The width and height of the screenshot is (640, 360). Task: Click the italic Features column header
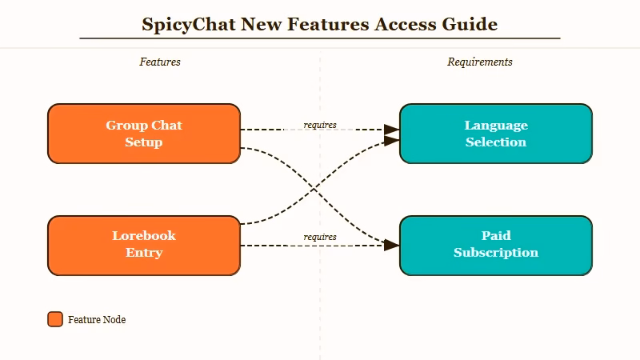160,62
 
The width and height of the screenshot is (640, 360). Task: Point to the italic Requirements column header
479,62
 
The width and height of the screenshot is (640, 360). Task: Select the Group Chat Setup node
144,134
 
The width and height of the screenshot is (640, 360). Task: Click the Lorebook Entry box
144,245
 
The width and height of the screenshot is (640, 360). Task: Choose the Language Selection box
495,134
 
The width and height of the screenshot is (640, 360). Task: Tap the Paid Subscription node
495,245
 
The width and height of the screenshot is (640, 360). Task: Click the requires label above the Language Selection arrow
320,125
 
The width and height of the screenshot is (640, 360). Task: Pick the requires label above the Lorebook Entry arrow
320,237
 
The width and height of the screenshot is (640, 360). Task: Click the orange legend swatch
55,319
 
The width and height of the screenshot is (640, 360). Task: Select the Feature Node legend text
97,320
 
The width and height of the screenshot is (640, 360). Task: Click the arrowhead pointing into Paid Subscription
391,245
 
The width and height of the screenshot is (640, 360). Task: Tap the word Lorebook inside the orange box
144,236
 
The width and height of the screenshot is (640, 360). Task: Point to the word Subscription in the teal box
495,253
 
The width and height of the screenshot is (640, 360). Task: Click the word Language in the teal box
495,125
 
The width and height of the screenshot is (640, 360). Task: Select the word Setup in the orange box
144,142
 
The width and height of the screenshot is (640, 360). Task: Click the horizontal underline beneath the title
320,38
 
